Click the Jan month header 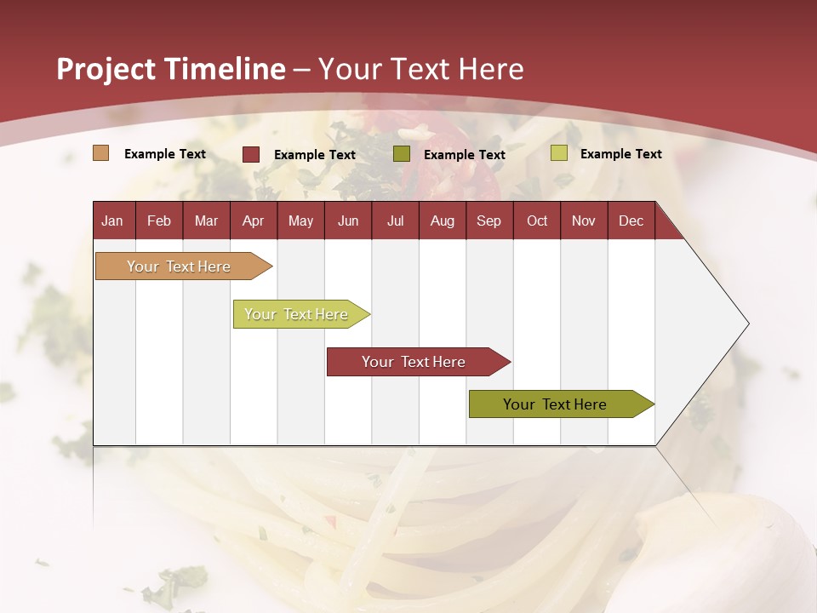tap(112, 221)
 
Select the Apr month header tap(253, 221)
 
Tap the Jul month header tap(395, 221)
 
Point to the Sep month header tap(488, 221)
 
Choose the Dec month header tap(631, 221)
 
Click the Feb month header tap(159, 221)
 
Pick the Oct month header tap(537, 221)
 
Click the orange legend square tap(101, 153)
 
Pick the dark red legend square tap(251, 154)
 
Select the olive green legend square tap(402, 154)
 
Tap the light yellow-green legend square tap(558, 153)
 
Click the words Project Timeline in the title tap(170, 69)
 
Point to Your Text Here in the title tap(420, 69)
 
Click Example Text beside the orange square tap(165, 154)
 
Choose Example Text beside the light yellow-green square tap(620, 154)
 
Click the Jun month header tap(348, 221)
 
